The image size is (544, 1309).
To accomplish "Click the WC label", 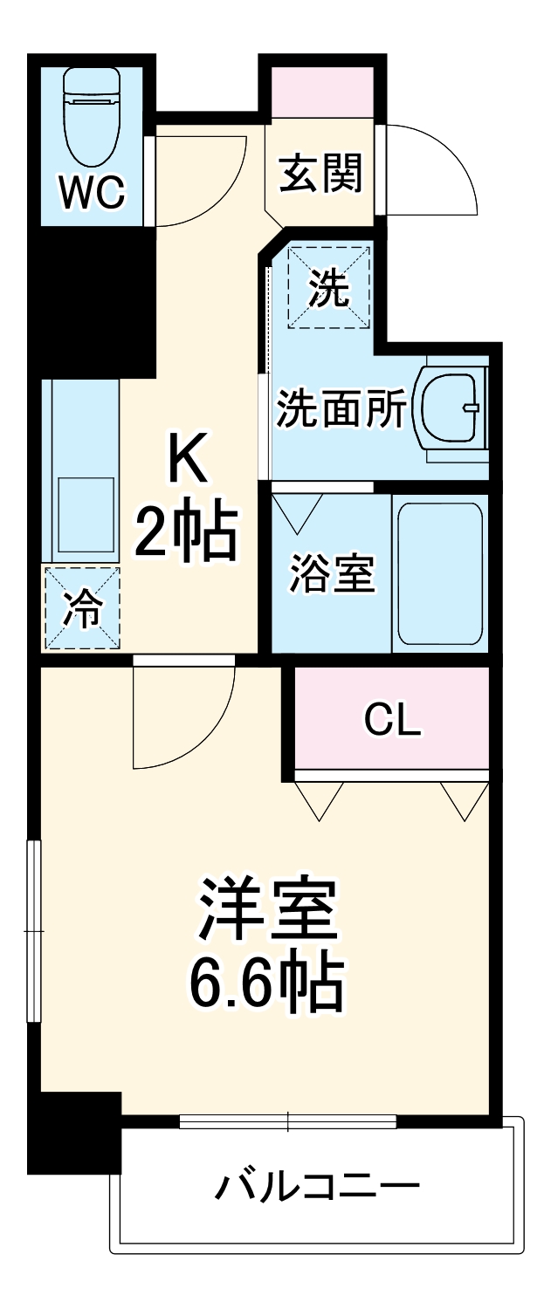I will pyautogui.click(x=92, y=193).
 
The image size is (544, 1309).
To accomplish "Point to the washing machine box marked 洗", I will pyautogui.click(x=330, y=287).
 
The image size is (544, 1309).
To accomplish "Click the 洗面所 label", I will pyautogui.click(x=341, y=409).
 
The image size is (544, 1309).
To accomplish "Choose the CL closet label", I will pyautogui.click(x=392, y=719).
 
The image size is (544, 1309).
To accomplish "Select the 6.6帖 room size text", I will pyautogui.click(x=266, y=984).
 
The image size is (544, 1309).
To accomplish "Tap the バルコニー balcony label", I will pyautogui.click(x=318, y=1187).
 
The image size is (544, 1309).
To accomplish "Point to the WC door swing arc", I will pyautogui.click(x=196, y=175).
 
